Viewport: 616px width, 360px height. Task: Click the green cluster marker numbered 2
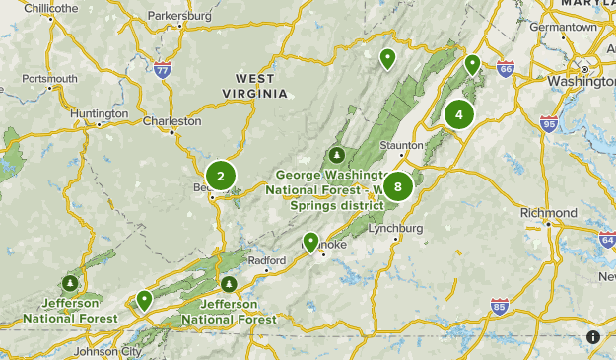221,177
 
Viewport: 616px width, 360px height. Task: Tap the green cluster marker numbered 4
458,114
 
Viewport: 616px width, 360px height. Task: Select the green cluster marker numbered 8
397,185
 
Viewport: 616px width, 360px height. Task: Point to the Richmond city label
549,213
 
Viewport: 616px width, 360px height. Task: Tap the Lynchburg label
399,229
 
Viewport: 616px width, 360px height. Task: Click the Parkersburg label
179,16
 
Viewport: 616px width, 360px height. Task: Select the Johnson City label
108,351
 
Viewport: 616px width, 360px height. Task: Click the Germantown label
563,27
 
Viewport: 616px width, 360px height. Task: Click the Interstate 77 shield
163,69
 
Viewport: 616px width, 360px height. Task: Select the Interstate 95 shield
549,123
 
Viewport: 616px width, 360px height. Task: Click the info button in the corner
593,337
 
